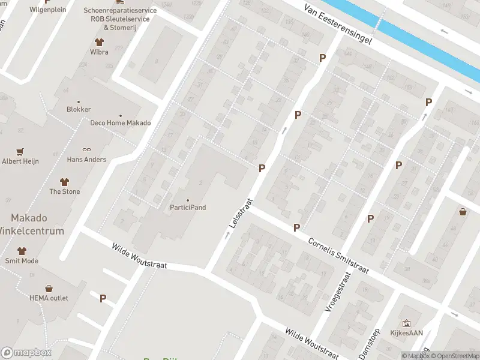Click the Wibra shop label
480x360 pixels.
click(99, 52)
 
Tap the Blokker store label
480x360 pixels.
click(79, 109)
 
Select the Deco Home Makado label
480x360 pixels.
click(120, 123)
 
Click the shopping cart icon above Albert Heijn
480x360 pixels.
click(20, 151)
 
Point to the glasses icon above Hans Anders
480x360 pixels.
click(86, 150)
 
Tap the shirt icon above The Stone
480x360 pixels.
click(64, 182)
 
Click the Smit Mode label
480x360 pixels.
click(22, 261)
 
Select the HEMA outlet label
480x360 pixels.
click(49, 298)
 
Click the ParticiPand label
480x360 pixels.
click(188, 208)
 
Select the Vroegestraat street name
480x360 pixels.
click(337, 292)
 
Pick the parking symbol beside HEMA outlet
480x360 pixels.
click(103, 298)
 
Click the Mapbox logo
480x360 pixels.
click(26, 353)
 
